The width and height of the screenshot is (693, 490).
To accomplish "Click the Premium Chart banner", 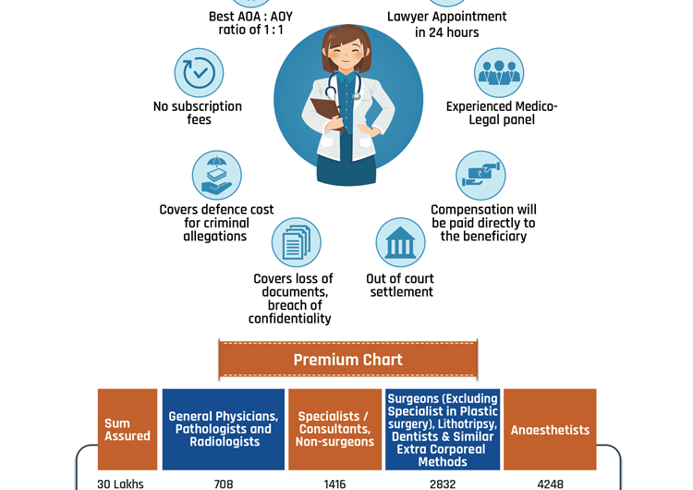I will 347,360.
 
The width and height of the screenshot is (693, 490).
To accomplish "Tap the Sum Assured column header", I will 128,430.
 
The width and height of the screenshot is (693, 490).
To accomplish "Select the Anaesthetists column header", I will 550,430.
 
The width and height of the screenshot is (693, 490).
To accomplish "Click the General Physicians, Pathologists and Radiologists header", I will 224,430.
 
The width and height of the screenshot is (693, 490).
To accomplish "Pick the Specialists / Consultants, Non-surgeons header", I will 334,430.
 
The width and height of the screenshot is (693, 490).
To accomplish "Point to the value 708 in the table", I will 224,484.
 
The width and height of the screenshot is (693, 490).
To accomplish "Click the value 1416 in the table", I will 334,484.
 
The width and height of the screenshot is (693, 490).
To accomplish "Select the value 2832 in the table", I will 443,484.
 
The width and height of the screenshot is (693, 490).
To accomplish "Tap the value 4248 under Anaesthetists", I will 550,484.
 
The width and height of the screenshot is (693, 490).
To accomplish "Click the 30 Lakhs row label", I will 120,484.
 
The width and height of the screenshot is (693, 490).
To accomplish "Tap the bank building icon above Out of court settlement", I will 400,242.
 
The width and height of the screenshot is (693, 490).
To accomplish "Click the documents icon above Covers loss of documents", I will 296,242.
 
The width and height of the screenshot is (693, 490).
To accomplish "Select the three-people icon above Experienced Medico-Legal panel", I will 499,72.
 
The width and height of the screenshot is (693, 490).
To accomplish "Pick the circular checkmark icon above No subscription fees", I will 199,73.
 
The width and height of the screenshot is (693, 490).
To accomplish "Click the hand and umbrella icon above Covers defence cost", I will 216,175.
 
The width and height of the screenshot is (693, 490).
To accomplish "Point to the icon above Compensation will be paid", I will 480,175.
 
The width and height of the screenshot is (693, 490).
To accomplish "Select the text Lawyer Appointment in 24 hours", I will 447,24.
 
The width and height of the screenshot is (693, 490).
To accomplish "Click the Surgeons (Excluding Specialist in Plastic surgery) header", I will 443,430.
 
